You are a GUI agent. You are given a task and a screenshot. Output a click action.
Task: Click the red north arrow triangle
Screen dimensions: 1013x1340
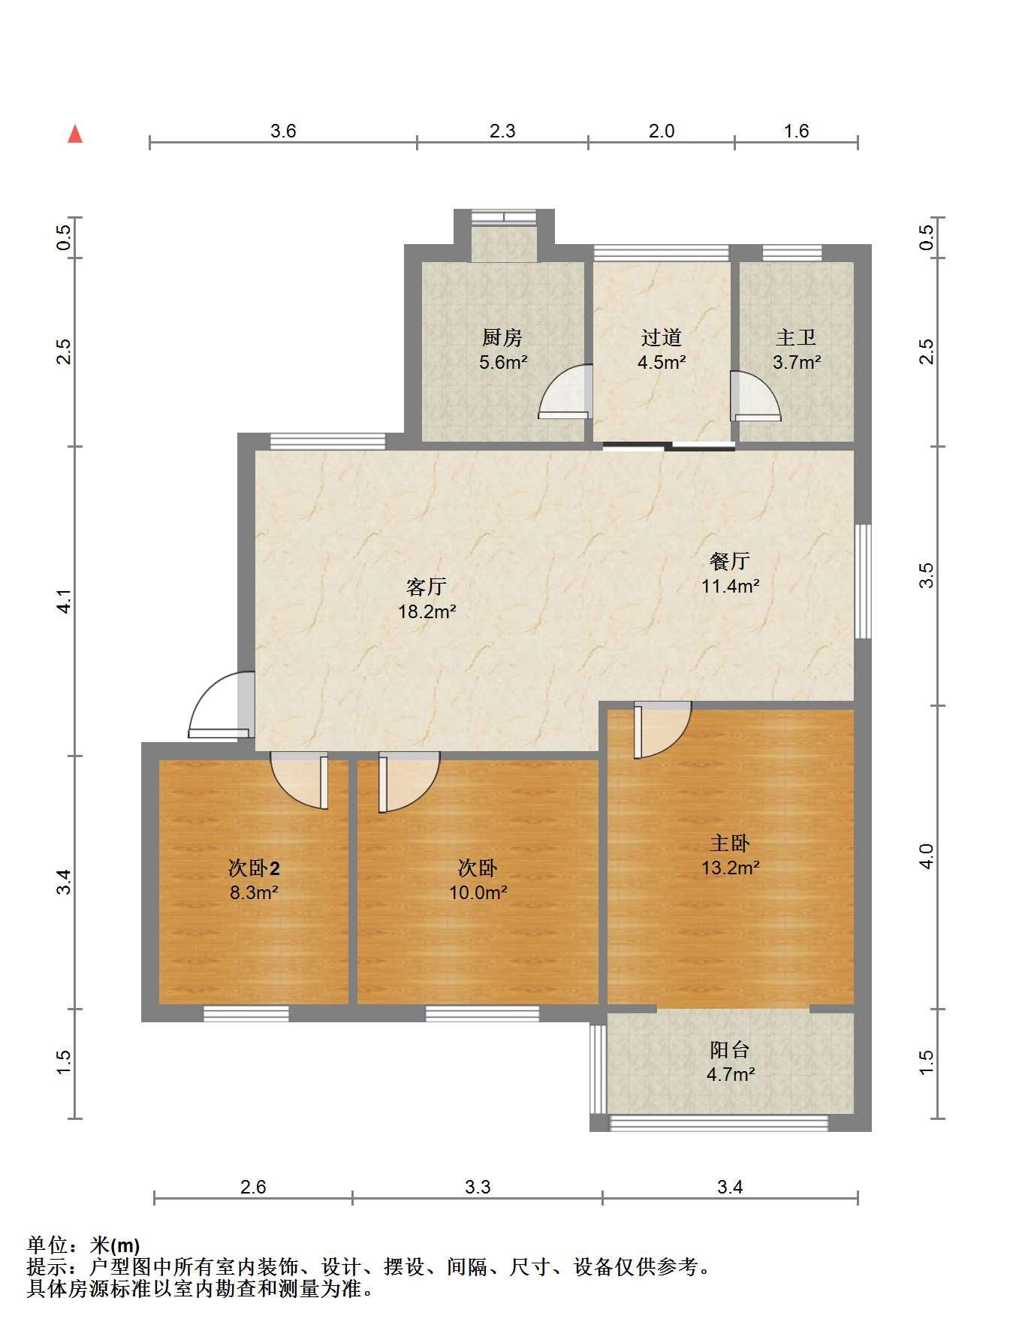[75, 134]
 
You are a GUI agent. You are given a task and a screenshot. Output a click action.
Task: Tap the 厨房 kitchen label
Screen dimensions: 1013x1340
[502, 338]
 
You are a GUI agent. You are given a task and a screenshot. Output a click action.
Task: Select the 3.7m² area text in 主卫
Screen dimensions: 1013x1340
[797, 363]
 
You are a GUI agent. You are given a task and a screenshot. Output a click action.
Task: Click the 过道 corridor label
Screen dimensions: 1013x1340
[661, 338]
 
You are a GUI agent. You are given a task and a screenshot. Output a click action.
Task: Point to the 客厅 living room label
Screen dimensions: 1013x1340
[427, 587]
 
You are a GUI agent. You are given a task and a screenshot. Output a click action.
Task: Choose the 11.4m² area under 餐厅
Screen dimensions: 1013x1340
[730, 587]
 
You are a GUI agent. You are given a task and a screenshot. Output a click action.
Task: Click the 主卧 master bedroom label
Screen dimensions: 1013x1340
[730, 844]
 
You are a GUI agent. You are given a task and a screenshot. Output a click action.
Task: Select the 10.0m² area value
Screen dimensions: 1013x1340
[478, 894]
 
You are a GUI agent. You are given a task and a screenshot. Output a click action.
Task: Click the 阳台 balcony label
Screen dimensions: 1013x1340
[730, 1049]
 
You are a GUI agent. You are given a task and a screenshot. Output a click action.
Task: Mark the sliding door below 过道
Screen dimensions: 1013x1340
[668, 447]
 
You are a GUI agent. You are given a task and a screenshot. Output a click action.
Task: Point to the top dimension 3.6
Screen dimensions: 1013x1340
[283, 131]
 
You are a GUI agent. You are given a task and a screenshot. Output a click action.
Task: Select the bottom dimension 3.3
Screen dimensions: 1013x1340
[478, 1188]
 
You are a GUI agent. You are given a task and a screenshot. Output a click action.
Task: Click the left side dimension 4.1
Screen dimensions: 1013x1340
[65, 601]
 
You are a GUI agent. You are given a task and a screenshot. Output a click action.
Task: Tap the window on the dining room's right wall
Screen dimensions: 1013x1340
[864, 581]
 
